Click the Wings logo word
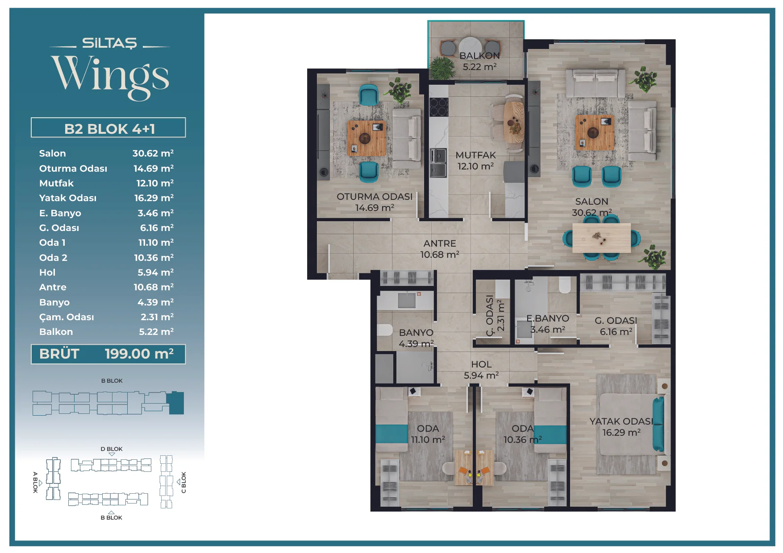(110, 76)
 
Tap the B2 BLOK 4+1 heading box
(108, 128)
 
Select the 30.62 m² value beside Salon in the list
(153, 153)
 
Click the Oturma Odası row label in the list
(73, 168)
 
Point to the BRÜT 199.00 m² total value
(139, 354)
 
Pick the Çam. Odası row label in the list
(67, 317)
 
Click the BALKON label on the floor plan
(479, 56)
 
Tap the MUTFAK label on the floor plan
(476, 155)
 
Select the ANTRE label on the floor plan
(440, 243)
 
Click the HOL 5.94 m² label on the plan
(481, 370)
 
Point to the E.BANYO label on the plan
(548, 318)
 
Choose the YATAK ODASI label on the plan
(621, 421)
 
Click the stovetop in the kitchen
(438, 107)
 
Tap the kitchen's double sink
(438, 163)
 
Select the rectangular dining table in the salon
(601, 238)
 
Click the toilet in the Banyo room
(384, 330)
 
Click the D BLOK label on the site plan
(112, 449)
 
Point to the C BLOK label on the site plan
(183, 483)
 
